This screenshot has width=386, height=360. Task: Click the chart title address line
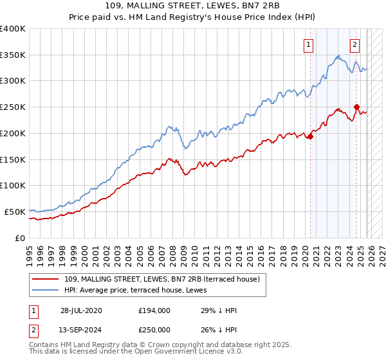[x=192, y=6]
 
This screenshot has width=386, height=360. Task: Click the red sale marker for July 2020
[x=310, y=136]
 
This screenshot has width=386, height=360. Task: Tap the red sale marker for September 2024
[x=356, y=107]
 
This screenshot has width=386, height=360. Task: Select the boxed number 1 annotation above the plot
[x=309, y=45]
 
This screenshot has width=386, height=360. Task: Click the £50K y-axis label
[x=15, y=212]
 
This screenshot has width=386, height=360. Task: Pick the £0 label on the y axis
[x=21, y=238]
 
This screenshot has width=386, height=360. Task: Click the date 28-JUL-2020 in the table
[x=81, y=310]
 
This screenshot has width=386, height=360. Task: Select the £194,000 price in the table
[x=154, y=310]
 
